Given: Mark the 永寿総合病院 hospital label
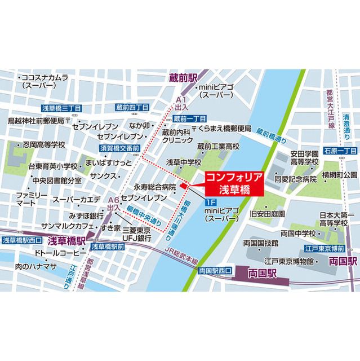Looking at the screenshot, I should tap(155, 187).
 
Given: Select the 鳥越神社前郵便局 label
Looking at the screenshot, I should tap(37, 121).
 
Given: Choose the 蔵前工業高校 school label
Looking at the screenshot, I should tap(218, 146).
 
